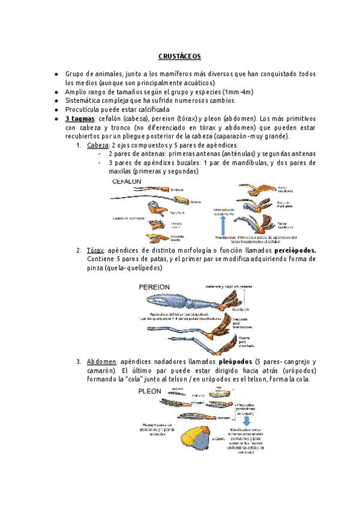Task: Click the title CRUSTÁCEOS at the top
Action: tap(179, 56)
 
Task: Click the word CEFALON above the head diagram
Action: tap(127, 181)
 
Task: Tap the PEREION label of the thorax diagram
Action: tap(154, 287)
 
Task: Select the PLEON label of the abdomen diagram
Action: tap(151, 390)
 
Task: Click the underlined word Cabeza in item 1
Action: tap(98, 145)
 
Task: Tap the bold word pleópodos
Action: tap(227, 362)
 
